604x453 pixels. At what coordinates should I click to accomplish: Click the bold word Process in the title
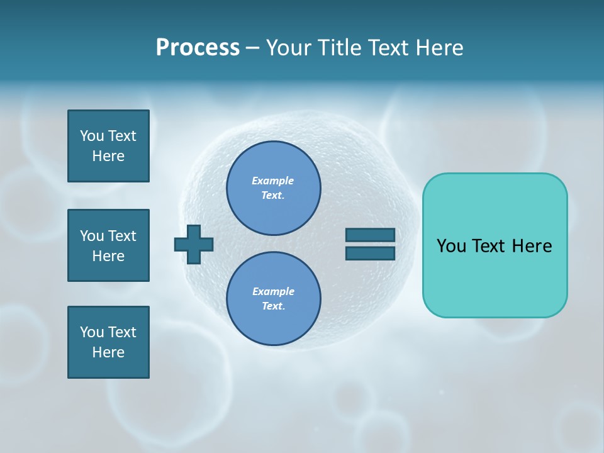(x=198, y=48)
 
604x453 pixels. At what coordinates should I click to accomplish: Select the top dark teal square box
(x=108, y=147)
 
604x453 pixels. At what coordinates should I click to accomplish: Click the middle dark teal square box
(x=108, y=246)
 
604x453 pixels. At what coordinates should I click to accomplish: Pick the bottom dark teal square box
(x=108, y=342)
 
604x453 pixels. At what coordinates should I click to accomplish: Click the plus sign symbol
(x=194, y=244)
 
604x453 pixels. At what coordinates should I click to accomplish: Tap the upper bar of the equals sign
(x=371, y=235)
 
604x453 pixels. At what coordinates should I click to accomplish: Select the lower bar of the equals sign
(x=371, y=254)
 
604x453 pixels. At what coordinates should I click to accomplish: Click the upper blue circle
(x=273, y=187)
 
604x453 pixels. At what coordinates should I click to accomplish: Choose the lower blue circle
(x=273, y=298)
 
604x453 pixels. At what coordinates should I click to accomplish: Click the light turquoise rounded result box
(x=495, y=245)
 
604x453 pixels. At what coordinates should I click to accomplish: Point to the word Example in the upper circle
(x=272, y=181)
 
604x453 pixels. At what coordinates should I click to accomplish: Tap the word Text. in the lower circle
(x=273, y=306)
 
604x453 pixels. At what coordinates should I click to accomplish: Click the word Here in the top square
(x=108, y=156)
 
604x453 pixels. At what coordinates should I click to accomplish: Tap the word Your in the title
(x=288, y=48)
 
